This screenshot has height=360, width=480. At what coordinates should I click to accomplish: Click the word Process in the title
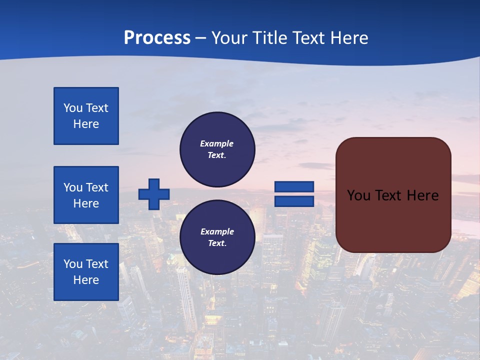tap(157, 38)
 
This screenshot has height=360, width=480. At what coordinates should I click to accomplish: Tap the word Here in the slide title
tap(348, 38)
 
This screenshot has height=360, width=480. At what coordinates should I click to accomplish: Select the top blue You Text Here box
tap(86, 116)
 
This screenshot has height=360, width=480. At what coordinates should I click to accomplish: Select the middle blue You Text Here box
tap(86, 195)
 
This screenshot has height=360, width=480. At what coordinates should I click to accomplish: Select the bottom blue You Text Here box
tap(86, 272)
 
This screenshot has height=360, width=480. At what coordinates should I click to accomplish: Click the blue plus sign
tap(154, 194)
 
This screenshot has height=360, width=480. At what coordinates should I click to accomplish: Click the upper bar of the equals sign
tap(294, 187)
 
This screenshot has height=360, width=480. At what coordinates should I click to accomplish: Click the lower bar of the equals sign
tap(294, 201)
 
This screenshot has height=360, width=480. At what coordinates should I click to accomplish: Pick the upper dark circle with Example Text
tap(217, 149)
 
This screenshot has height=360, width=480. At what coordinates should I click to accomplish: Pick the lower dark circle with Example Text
tap(217, 237)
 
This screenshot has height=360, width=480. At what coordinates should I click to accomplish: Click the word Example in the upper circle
tap(217, 143)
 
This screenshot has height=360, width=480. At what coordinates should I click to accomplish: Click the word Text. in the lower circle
tap(217, 243)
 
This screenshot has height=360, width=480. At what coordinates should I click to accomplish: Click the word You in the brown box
tap(358, 195)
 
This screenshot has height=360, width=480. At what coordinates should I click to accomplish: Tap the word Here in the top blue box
tap(86, 124)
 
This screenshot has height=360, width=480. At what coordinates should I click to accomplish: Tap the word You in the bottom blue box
tap(73, 264)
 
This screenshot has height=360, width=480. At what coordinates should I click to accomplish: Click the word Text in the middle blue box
tap(97, 187)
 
